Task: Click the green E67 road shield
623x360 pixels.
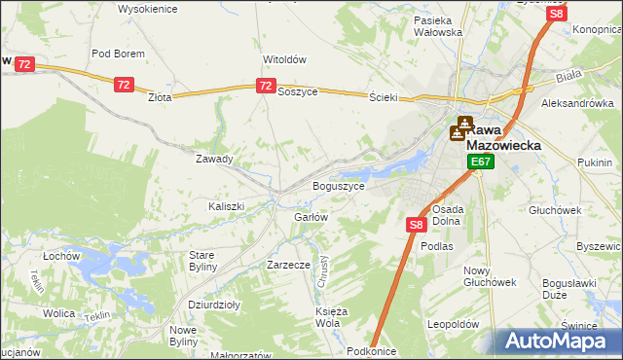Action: pyautogui.click(x=480, y=162)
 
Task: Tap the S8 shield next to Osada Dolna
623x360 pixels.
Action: pyautogui.click(x=416, y=225)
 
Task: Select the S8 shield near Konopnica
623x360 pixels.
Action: pyautogui.click(x=556, y=14)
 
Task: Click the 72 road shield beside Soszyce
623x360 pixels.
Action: pyautogui.click(x=266, y=87)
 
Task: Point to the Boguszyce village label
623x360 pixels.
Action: pyautogui.click(x=338, y=186)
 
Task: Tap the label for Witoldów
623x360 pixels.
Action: pyautogui.click(x=284, y=58)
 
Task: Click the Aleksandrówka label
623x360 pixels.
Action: pyautogui.click(x=577, y=103)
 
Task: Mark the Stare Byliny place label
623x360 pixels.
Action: pyautogui.click(x=208, y=260)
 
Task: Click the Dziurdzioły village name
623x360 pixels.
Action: pyautogui.click(x=214, y=305)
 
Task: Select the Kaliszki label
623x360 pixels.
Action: pyautogui.click(x=226, y=206)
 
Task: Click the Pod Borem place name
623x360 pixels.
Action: pyautogui.click(x=118, y=54)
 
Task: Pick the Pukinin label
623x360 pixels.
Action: pyautogui.click(x=593, y=162)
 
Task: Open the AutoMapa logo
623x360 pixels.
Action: pyautogui.click(x=558, y=340)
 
